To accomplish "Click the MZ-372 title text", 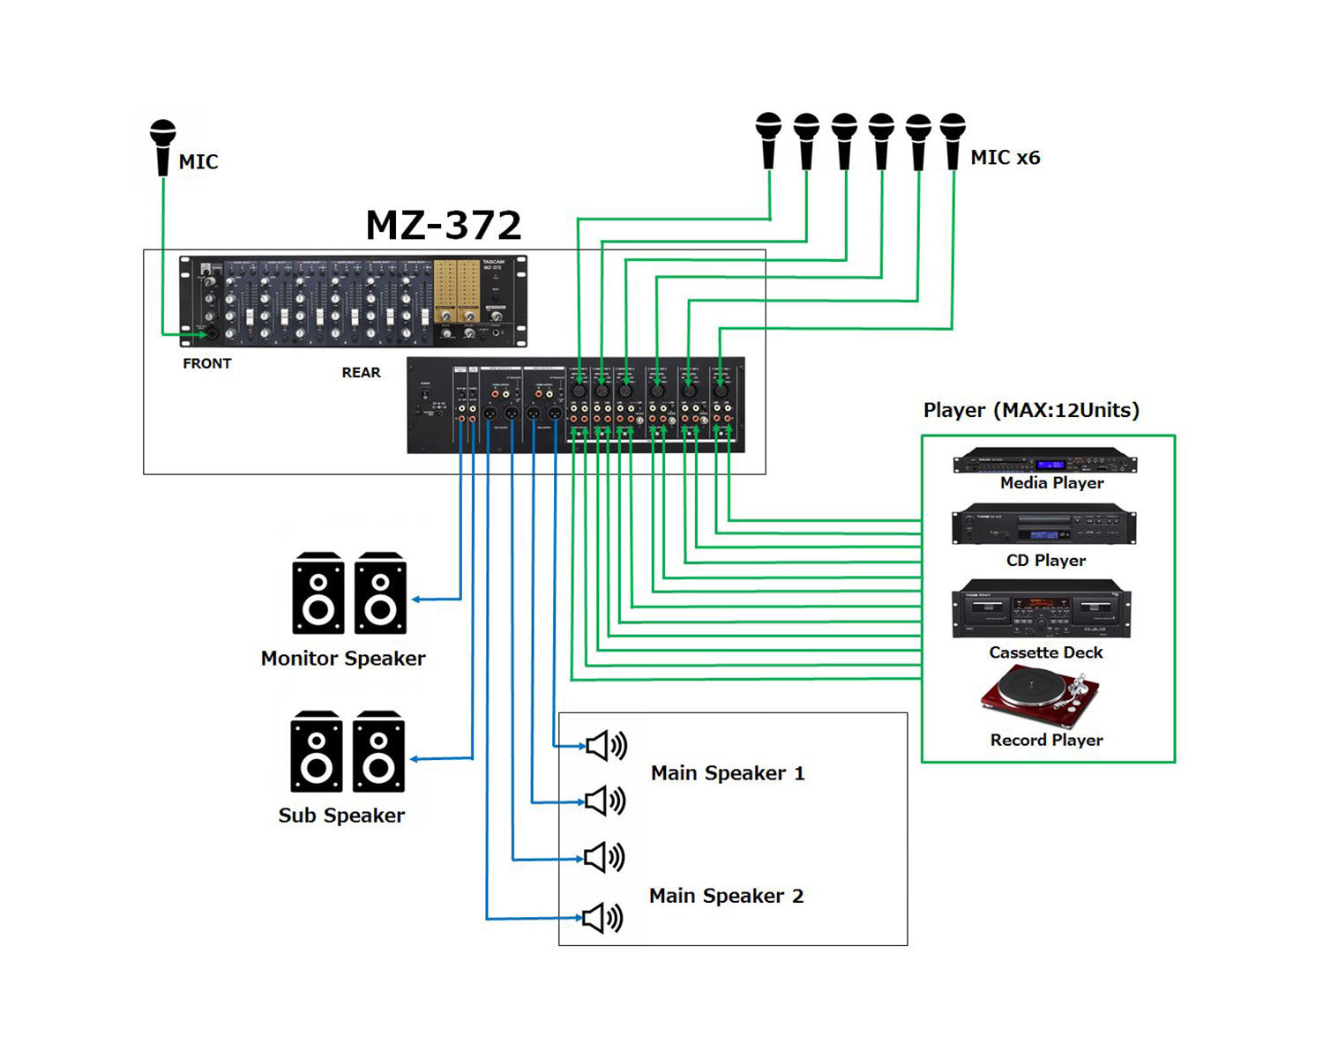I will [x=444, y=226].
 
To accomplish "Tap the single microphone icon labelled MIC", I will [x=162, y=147].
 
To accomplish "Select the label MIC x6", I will [x=1005, y=158].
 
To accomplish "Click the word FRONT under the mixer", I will [x=207, y=363].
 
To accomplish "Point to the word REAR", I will [x=361, y=373].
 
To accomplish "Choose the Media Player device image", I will [x=1045, y=461].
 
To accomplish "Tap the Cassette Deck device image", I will [x=1042, y=609].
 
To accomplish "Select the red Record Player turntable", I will [x=1041, y=697].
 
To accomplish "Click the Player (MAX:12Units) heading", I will [x=1031, y=410].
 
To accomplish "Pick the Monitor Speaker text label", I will [x=343, y=659].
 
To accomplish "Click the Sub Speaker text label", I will [x=341, y=816].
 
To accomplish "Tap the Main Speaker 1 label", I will [x=728, y=773].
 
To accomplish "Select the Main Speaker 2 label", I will [x=726, y=896].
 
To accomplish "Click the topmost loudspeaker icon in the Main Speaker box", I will [x=606, y=746].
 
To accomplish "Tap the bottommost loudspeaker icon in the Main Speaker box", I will [x=603, y=918].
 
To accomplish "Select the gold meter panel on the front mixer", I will [x=457, y=292].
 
